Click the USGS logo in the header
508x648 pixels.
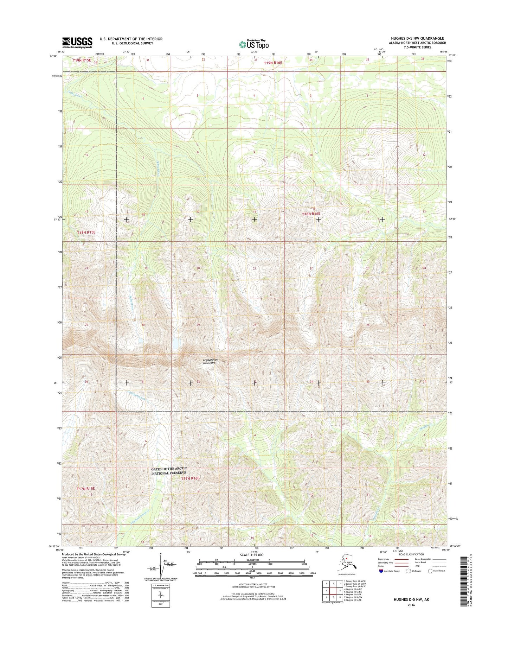(77, 43)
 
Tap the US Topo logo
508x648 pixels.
(254, 44)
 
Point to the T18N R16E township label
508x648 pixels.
(311, 214)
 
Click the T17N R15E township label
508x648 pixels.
(86, 489)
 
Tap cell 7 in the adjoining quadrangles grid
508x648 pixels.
(333, 598)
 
